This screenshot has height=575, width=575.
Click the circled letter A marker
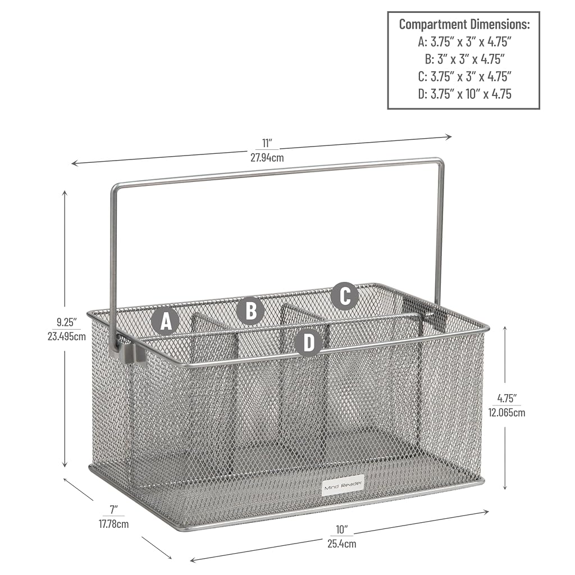pos(166,322)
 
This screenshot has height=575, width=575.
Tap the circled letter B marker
pos(251,310)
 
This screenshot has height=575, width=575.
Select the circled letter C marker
pos(345,296)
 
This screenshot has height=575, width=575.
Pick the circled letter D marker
pos(309,342)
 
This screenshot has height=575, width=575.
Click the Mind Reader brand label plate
pos(343,486)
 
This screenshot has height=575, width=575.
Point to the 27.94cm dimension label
pos(267,158)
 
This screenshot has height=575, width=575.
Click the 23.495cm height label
pos(67,336)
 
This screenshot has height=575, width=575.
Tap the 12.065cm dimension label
pos(506,413)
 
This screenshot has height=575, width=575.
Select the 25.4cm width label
pos(342,544)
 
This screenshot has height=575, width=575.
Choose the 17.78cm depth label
pos(113,524)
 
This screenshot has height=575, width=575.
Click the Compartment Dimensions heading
pos(464,24)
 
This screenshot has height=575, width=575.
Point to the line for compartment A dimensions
pos(464,42)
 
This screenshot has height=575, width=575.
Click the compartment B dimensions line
pos(464,59)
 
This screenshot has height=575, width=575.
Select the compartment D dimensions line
pos(464,94)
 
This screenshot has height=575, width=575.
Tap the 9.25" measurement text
pos(66,322)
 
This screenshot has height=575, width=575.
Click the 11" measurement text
pos(267,143)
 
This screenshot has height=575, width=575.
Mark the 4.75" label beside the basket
pos(506,398)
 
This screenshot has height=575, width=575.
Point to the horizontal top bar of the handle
pos(277,173)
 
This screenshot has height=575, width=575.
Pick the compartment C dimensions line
pos(464,76)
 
